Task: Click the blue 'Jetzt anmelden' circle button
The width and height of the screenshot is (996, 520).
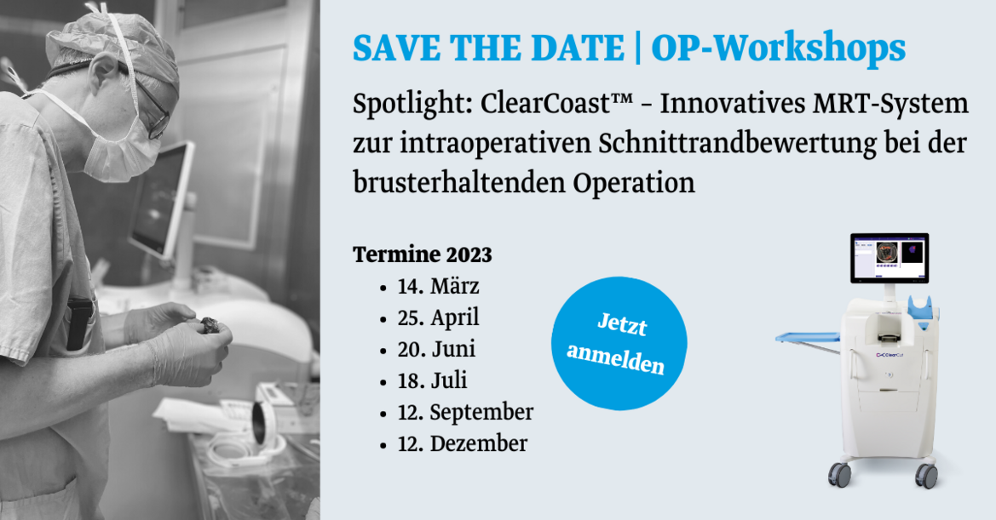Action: (x=619, y=343)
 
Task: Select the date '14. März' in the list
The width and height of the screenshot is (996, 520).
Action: (x=438, y=286)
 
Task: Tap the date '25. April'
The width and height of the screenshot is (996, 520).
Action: (x=438, y=317)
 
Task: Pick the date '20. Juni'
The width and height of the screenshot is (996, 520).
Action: (x=436, y=350)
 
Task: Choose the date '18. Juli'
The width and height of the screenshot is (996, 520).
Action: (x=432, y=381)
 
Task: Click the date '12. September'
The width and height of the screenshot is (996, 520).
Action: (x=465, y=413)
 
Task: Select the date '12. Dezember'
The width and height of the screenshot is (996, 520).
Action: (x=463, y=444)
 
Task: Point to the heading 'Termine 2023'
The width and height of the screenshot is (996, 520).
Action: (x=423, y=255)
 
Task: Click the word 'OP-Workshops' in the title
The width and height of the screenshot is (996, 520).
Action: (x=778, y=49)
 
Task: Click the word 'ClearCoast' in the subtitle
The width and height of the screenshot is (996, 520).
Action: (x=550, y=104)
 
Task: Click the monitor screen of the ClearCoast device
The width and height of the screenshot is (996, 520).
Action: (x=889, y=258)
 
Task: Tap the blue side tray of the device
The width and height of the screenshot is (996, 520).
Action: (x=808, y=337)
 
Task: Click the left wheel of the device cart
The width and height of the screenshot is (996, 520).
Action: (x=839, y=473)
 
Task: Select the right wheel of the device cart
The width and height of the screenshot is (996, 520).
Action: (x=927, y=475)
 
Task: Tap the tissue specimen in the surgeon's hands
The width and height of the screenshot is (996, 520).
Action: (x=211, y=326)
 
